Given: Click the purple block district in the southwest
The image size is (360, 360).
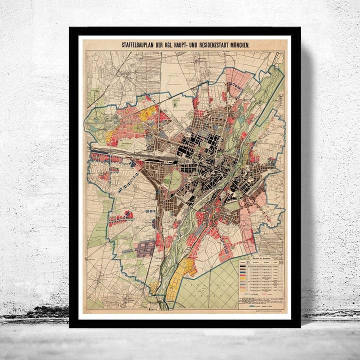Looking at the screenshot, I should (146, 247).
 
